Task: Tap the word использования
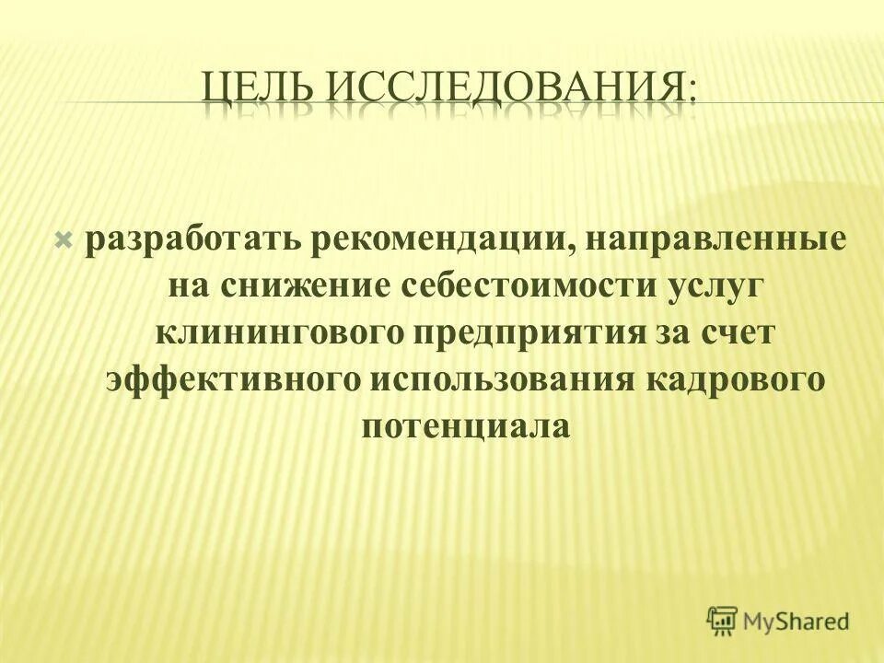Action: tap(501, 378)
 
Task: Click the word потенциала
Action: tap(467, 427)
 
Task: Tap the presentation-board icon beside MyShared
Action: tap(723, 621)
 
